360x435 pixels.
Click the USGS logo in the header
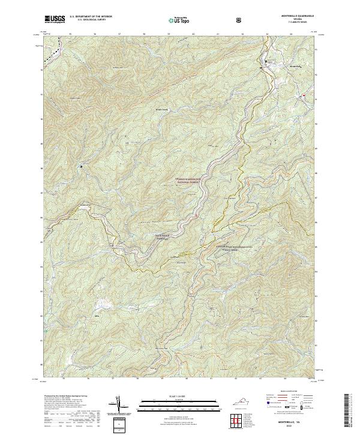pos(55,19)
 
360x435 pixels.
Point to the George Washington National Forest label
pos(191,179)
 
